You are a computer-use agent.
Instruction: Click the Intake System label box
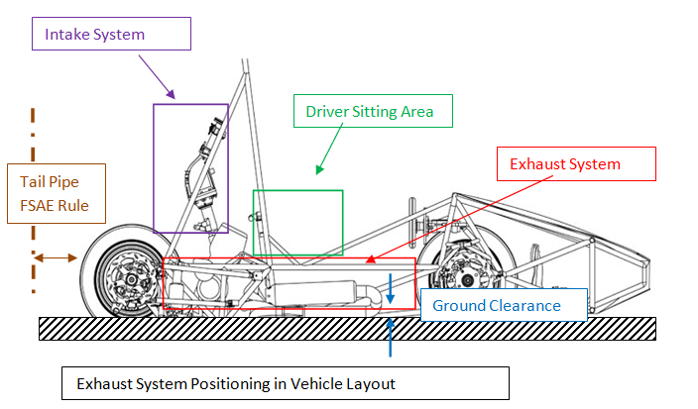pos(110,35)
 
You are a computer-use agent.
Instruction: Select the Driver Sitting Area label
pos(369,112)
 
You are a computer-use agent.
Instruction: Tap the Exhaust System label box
pos(576,164)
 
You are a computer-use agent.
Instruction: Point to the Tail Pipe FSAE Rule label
pos(56,194)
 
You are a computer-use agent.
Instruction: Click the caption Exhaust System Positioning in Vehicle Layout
pos(285,383)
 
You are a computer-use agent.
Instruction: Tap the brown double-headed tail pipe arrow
pos(56,257)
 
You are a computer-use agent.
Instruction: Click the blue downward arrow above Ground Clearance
pos(392,288)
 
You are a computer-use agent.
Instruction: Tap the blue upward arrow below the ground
pos(392,338)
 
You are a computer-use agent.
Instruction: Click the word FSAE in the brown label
pos(41,206)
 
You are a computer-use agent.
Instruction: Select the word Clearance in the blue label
pos(524,306)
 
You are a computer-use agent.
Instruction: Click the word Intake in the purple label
pos(66,35)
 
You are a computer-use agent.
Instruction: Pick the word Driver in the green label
pos(327,112)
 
